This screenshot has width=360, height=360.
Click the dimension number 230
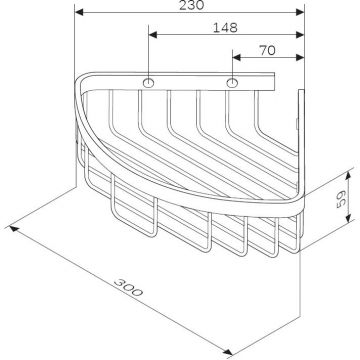190,7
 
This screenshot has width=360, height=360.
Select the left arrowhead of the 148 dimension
152,36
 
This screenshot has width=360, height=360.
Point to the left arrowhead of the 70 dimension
234,57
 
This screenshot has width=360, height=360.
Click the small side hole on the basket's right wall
300,124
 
